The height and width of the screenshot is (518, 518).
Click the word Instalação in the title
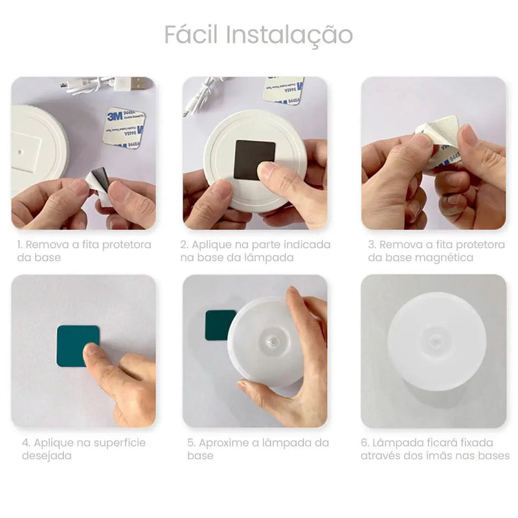(x=289, y=36)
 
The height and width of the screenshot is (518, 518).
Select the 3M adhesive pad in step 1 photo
(x=123, y=127)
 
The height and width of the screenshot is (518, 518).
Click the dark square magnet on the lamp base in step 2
(x=254, y=158)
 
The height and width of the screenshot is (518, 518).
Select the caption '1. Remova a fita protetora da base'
(x=84, y=251)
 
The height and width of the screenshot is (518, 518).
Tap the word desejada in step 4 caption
(x=46, y=456)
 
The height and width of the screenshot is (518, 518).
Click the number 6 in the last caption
(x=365, y=443)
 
